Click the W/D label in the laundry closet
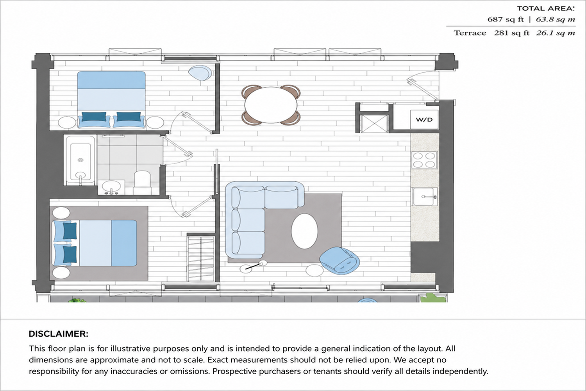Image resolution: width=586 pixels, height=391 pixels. click(x=424, y=120)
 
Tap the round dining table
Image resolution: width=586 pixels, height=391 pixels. click(x=271, y=105)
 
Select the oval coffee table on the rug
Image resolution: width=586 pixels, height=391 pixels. click(x=304, y=231)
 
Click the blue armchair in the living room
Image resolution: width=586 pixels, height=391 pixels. click(x=339, y=260)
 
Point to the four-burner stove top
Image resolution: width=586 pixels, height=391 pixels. click(x=424, y=160)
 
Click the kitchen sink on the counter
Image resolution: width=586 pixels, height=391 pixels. click(x=425, y=196)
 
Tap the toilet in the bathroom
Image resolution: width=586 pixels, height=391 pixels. click(x=142, y=179)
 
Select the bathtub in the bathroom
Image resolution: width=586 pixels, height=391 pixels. click(x=80, y=160)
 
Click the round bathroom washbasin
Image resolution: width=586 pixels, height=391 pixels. click(x=111, y=187)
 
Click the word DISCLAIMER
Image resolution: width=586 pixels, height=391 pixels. click(x=59, y=334)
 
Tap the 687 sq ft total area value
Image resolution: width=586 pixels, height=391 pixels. click(x=506, y=20)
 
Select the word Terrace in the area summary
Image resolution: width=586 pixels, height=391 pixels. click(x=470, y=33)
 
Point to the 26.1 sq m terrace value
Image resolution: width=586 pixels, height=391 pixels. click(x=556, y=33)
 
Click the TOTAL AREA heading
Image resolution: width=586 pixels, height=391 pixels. click(x=546, y=8)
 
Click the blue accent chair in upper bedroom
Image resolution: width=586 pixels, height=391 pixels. click(x=200, y=73)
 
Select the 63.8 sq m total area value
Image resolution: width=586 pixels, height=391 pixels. click(x=555, y=20)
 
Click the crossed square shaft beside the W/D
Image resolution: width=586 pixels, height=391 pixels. click(x=374, y=123)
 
